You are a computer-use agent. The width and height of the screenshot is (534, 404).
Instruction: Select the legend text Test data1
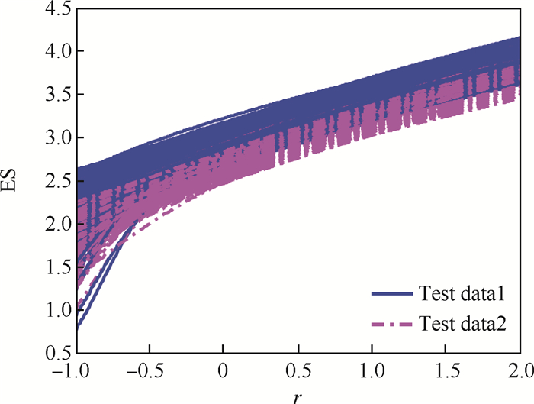coord(463,293)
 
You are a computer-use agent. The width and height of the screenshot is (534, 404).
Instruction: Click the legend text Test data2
coord(463,324)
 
